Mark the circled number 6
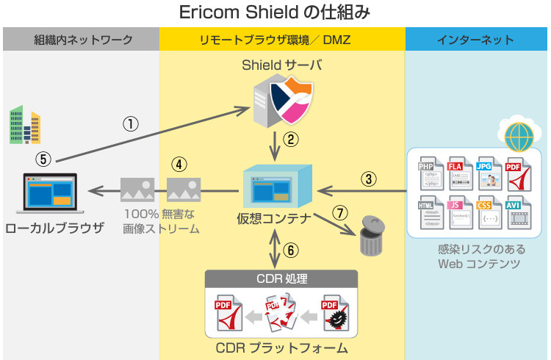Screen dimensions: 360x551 point(292,250)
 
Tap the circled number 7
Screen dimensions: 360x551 point(339,213)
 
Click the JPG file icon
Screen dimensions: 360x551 point(488,173)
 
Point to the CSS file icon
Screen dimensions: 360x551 point(488,212)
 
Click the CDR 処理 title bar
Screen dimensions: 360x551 point(281,279)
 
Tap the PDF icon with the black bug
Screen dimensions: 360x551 point(334,312)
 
